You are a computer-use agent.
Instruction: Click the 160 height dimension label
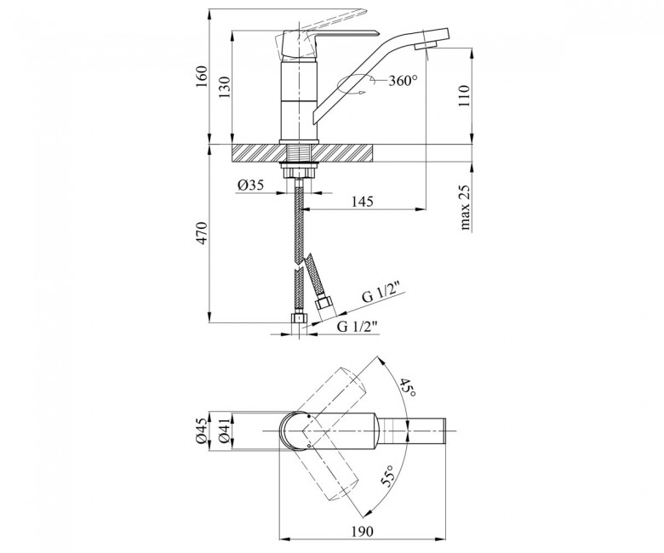point(201,77)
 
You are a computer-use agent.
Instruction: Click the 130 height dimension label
point(224,87)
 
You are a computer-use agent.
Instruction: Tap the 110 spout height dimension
point(464,95)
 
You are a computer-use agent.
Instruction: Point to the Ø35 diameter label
point(250,185)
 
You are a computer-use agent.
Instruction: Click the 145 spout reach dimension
point(362,202)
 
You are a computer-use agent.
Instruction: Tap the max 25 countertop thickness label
point(465,208)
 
